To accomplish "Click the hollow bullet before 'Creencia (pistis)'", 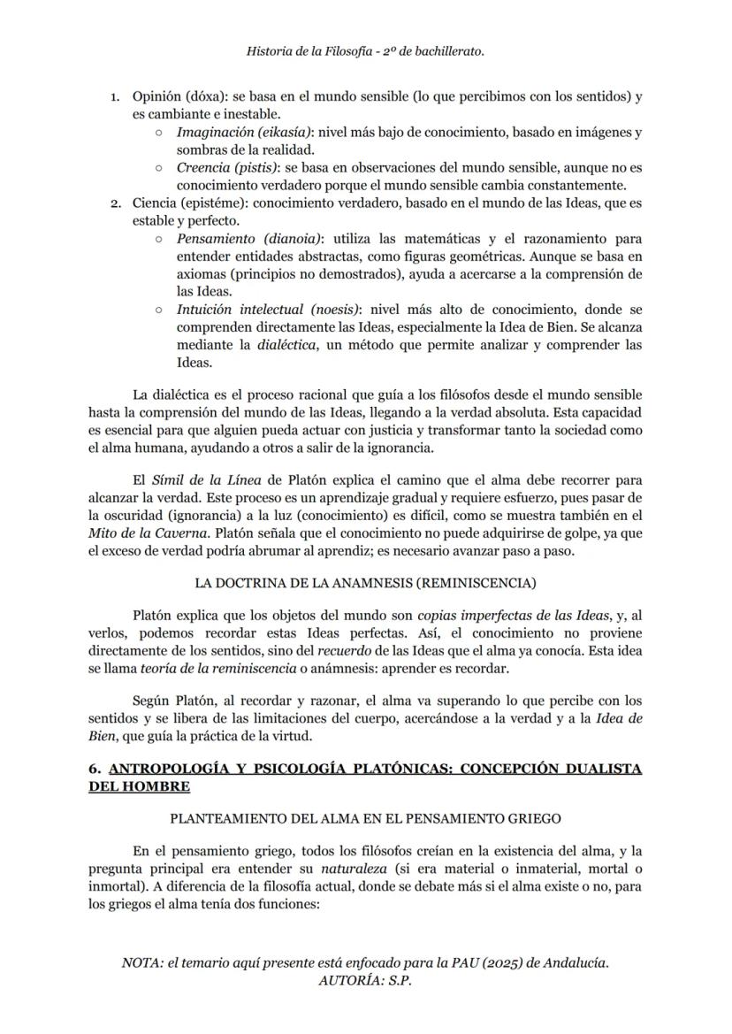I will [x=157, y=168].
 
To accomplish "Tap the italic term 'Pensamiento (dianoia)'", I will [x=249, y=239].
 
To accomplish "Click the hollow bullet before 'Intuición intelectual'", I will [x=157, y=310].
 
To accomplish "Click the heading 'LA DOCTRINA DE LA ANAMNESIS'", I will [x=365, y=583].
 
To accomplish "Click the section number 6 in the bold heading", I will [x=94, y=770].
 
